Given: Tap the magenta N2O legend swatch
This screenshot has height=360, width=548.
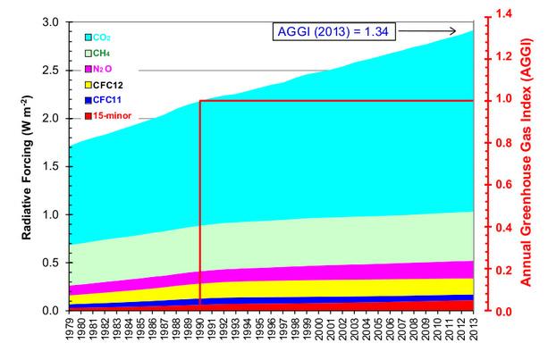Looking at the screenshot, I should (x=89, y=68).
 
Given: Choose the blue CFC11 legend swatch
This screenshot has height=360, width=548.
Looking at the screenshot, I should (x=89, y=100).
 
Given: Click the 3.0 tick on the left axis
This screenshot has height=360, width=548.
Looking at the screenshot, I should (x=51, y=22).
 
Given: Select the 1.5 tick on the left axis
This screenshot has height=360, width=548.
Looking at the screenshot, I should (x=51, y=166).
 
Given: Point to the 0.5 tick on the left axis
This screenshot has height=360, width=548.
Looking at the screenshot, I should (x=51, y=263).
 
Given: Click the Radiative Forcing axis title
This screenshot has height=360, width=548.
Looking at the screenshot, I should (x=20, y=165).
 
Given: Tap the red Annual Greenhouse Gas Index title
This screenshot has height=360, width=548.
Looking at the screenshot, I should (x=528, y=165).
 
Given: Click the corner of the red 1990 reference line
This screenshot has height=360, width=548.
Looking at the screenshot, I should (x=199, y=101).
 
